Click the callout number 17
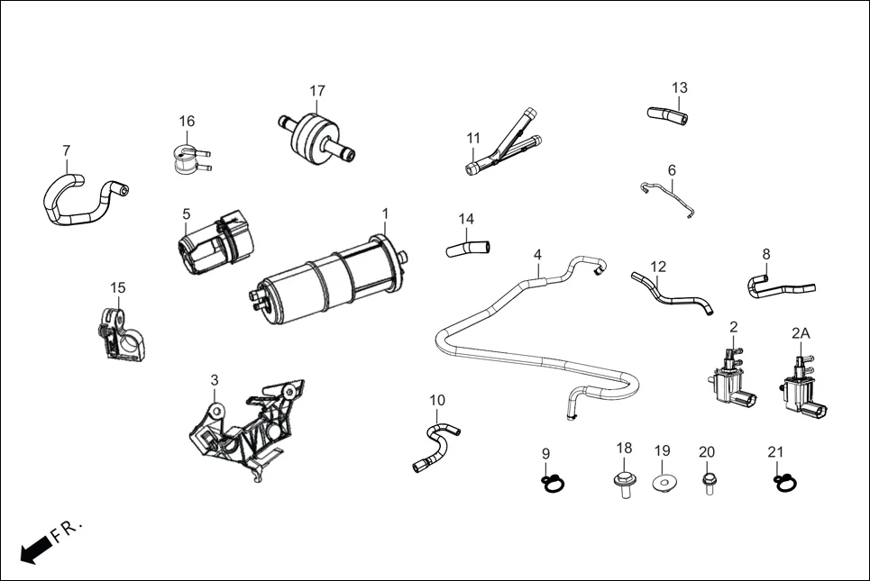pos(317,91)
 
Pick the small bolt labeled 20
pos(708,484)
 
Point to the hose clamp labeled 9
pos(553,483)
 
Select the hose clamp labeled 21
pos(783,483)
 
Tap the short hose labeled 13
pos(667,115)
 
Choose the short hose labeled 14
pos(467,246)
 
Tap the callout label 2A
pos(801,332)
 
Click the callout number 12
pos(658,267)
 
